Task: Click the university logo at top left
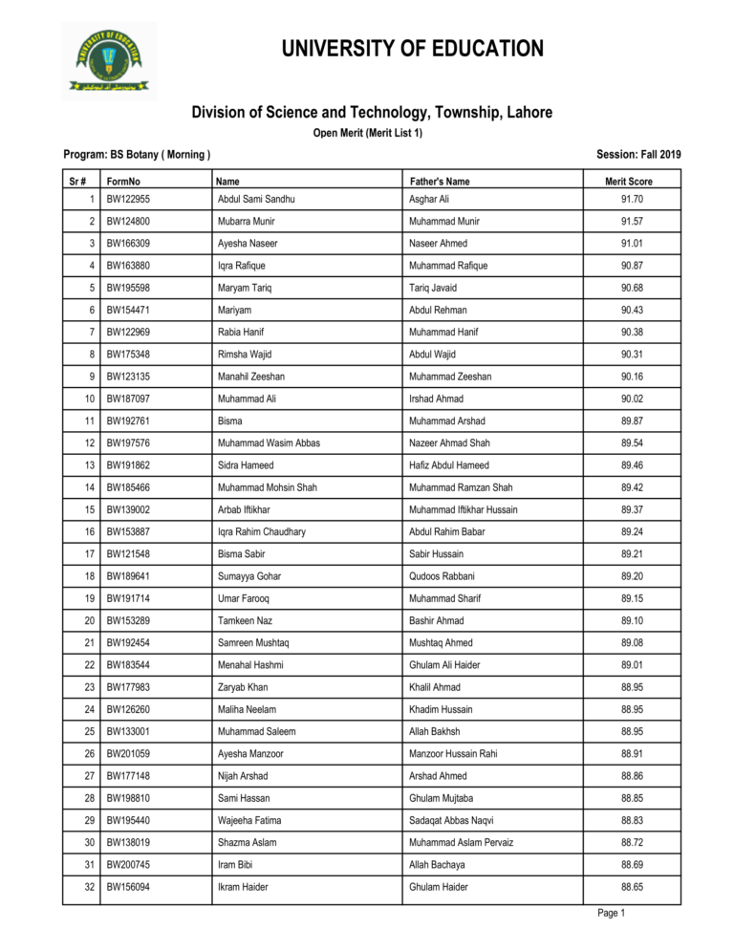108,60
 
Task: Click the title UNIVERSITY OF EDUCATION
413,49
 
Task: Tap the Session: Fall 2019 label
637,154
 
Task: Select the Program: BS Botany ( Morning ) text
137,154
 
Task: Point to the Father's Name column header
439,181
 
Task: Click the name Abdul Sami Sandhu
255,200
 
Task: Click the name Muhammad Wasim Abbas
268,443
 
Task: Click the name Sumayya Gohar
248,576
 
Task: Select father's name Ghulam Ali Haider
444,665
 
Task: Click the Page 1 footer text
611,914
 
